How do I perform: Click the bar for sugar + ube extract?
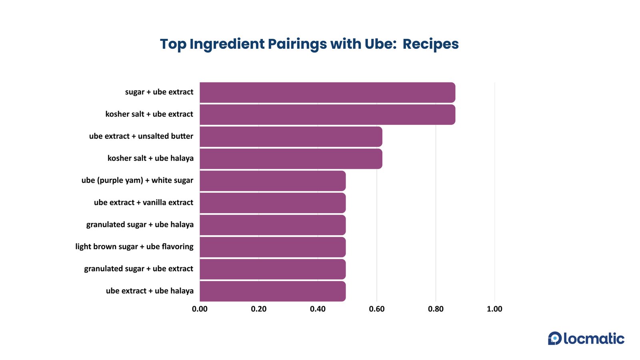tap(327, 92)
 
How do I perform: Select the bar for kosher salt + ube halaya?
tap(291, 159)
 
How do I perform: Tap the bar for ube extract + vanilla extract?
tap(272, 203)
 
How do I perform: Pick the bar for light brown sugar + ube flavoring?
tap(272, 247)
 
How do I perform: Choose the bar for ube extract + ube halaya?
tap(272, 291)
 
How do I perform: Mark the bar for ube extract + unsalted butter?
tap(291, 137)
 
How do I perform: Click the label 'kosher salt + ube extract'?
tap(149, 114)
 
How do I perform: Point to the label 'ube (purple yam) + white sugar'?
tap(137, 180)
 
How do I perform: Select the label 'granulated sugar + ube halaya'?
tap(140, 225)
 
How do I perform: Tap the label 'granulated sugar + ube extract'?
tap(138, 269)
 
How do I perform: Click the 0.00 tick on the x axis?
tap(200, 309)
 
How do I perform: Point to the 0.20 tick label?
tap(259, 309)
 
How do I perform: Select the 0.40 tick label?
tap(318, 309)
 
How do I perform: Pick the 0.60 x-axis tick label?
tap(377, 309)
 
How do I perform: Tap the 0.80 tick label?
tap(436, 309)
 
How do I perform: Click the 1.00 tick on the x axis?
tap(494, 309)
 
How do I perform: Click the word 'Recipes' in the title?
tap(430, 44)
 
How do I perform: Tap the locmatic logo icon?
tap(555, 338)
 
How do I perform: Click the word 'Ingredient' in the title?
tap(227, 44)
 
